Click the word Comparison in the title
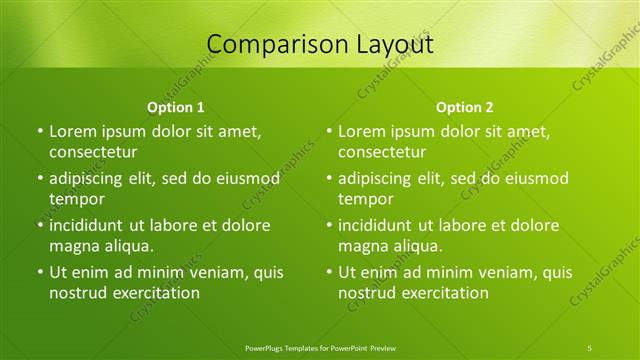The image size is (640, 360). click(268, 44)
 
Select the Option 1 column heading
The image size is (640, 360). click(176, 107)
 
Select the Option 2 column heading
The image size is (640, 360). click(465, 107)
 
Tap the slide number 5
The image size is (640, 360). click(590, 346)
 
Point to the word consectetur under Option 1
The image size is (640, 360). click(93, 152)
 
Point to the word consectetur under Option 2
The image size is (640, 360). click(382, 152)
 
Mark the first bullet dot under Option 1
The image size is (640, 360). click(40, 131)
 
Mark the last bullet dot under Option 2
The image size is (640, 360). click(329, 272)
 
